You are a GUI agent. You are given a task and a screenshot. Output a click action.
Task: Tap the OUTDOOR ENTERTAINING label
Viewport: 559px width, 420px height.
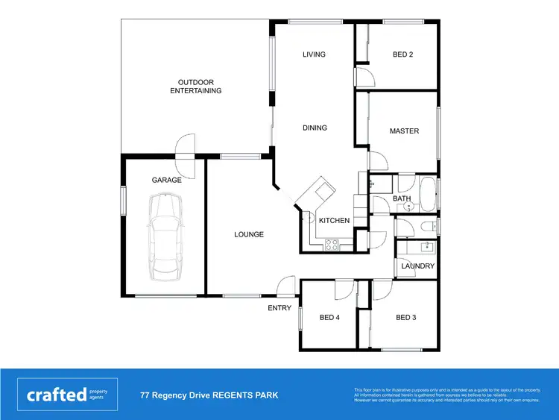[195, 87]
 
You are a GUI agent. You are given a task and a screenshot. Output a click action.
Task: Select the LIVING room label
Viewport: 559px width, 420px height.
[315, 54]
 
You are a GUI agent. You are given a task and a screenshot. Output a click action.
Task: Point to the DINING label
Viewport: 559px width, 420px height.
[315, 128]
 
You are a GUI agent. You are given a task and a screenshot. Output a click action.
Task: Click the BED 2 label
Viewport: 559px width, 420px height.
[402, 54]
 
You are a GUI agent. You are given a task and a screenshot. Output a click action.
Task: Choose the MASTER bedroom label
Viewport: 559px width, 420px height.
[404, 131]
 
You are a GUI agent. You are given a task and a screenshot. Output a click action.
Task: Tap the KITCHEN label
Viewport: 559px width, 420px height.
[334, 221]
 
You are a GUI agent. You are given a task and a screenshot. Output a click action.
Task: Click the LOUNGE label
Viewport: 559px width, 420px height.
[249, 234]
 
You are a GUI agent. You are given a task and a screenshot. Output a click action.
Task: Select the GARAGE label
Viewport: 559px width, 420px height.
[167, 181]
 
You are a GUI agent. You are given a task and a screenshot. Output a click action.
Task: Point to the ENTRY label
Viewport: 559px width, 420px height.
[279, 308]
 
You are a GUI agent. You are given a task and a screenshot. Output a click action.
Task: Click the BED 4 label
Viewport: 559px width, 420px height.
[329, 318]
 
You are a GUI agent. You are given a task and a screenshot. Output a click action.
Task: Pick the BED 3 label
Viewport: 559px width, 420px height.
[405, 318]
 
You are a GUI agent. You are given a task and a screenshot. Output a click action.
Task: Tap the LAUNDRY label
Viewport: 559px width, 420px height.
[417, 266]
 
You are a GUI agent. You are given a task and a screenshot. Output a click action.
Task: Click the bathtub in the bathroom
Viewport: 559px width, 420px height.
[429, 194]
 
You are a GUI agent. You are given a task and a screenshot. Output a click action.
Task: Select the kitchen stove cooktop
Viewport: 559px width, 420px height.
[332, 243]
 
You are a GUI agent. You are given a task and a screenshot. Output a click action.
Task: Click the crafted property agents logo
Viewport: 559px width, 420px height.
[67, 395]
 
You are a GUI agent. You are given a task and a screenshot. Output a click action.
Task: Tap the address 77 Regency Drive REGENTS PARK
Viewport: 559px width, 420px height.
[209, 395]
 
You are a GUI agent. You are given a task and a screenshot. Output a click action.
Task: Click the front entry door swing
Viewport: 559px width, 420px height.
[285, 286]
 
